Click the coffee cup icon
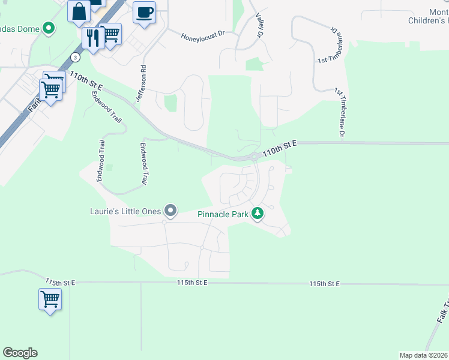point(144,12)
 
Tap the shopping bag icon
point(79,11)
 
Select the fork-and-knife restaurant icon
point(93,38)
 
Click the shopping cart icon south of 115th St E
point(50,298)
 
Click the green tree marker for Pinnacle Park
point(258,213)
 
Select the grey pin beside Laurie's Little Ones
point(171,210)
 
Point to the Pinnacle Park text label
point(222,214)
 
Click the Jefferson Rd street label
point(143,84)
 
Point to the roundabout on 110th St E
point(254,157)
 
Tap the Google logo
point(20,353)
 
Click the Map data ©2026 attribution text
point(424,355)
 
